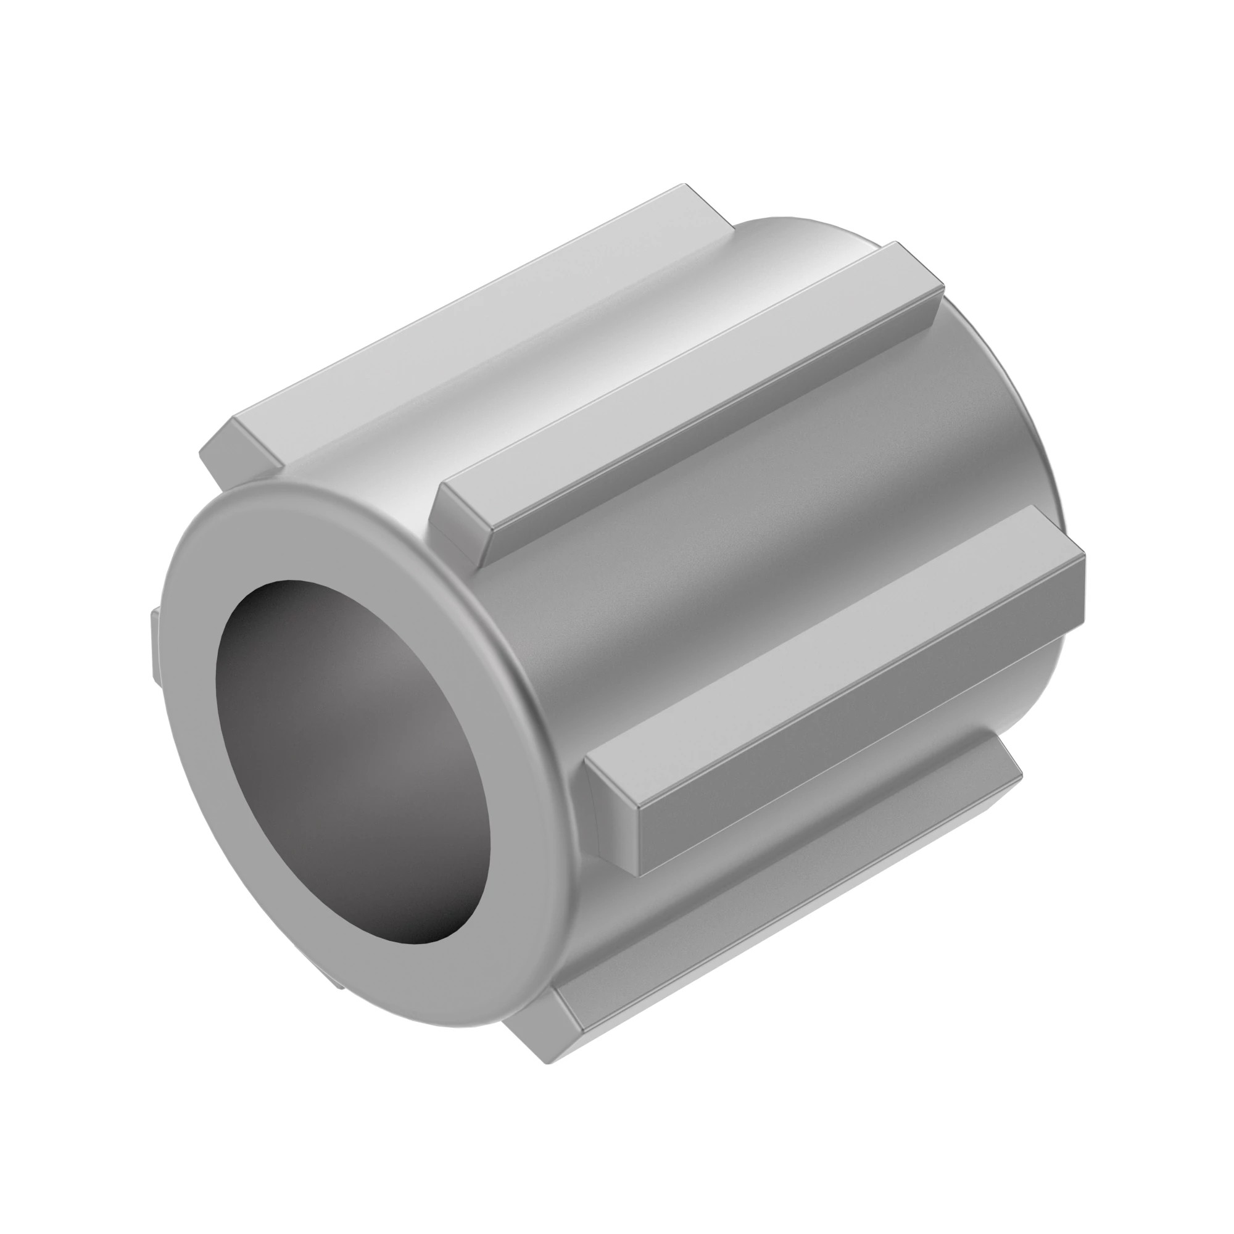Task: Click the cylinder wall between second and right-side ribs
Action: tap(766, 543)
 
